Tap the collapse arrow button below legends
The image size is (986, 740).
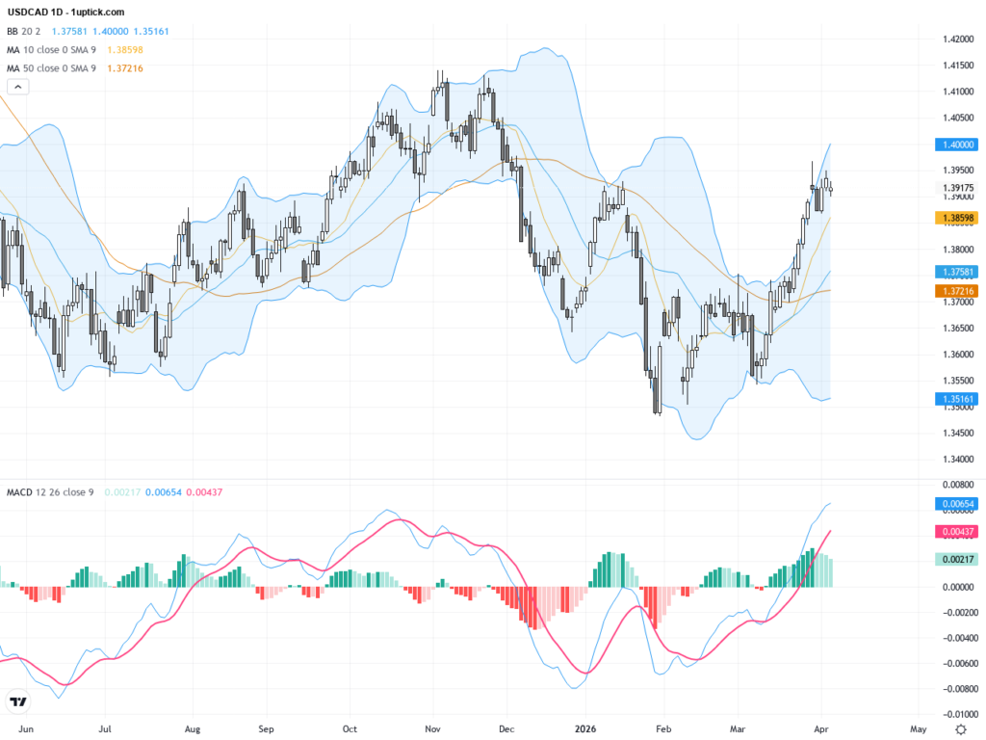pyautogui.click(x=18, y=87)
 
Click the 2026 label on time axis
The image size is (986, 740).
pyautogui.click(x=584, y=729)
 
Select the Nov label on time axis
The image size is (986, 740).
pyautogui.click(x=433, y=729)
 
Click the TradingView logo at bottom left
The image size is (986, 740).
pyautogui.click(x=17, y=702)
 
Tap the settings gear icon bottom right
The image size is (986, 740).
pyautogui.click(x=962, y=728)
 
